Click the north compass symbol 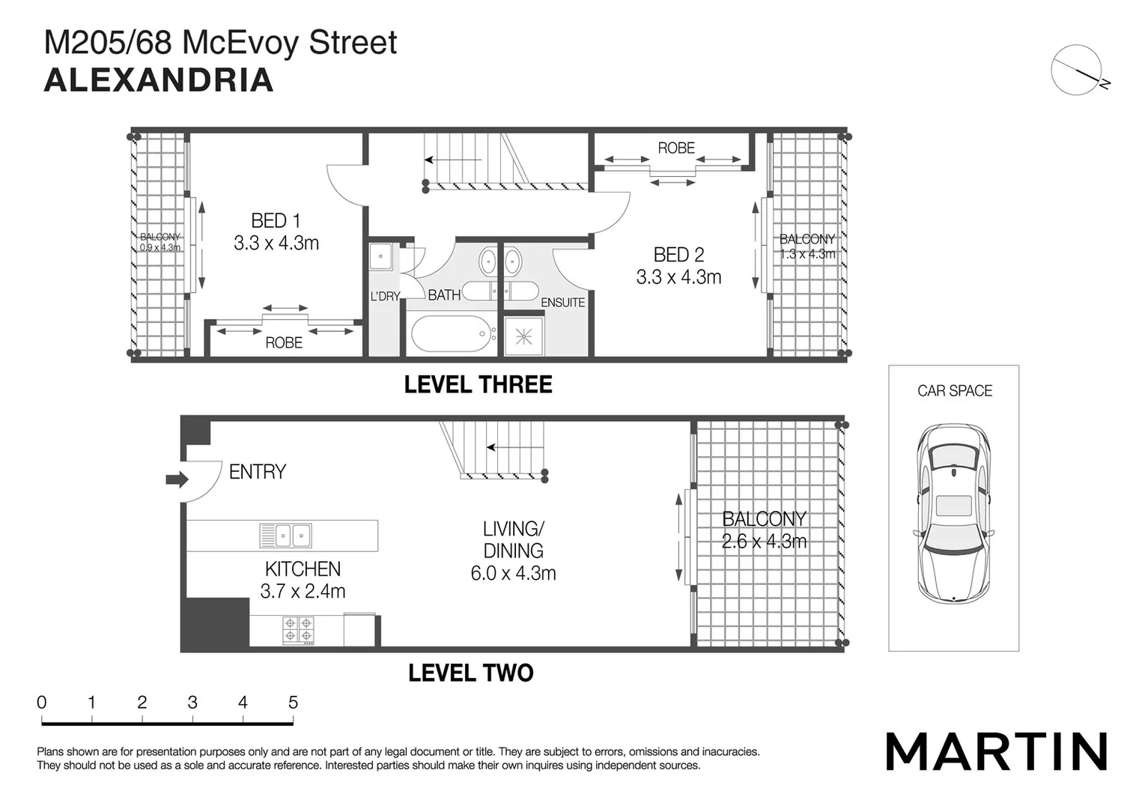click(x=1077, y=70)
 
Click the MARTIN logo click(x=996, y=751)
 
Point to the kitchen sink click(x=285, y=536)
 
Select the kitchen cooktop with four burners click(x=298, y=631)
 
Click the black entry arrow click(x=177, y=479)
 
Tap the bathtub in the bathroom click(x=450, y=333)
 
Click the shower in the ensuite click(x=523, y=336)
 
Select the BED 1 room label click(x=276, y=221)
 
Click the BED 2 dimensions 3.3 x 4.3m click(x=678, y=277)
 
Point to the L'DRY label click(x=385, y=297)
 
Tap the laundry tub click(x=381, y=256)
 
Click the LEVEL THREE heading click(x=478, y=385)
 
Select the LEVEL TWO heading click(x=470, y=673)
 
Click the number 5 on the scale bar click(x=293, y=703)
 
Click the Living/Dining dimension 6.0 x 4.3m click(x=513, y=574)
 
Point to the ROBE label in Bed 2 click(x=676, y=148)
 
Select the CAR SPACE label click(x=954, y=391)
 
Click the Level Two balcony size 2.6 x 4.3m click(x=764, y=542)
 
